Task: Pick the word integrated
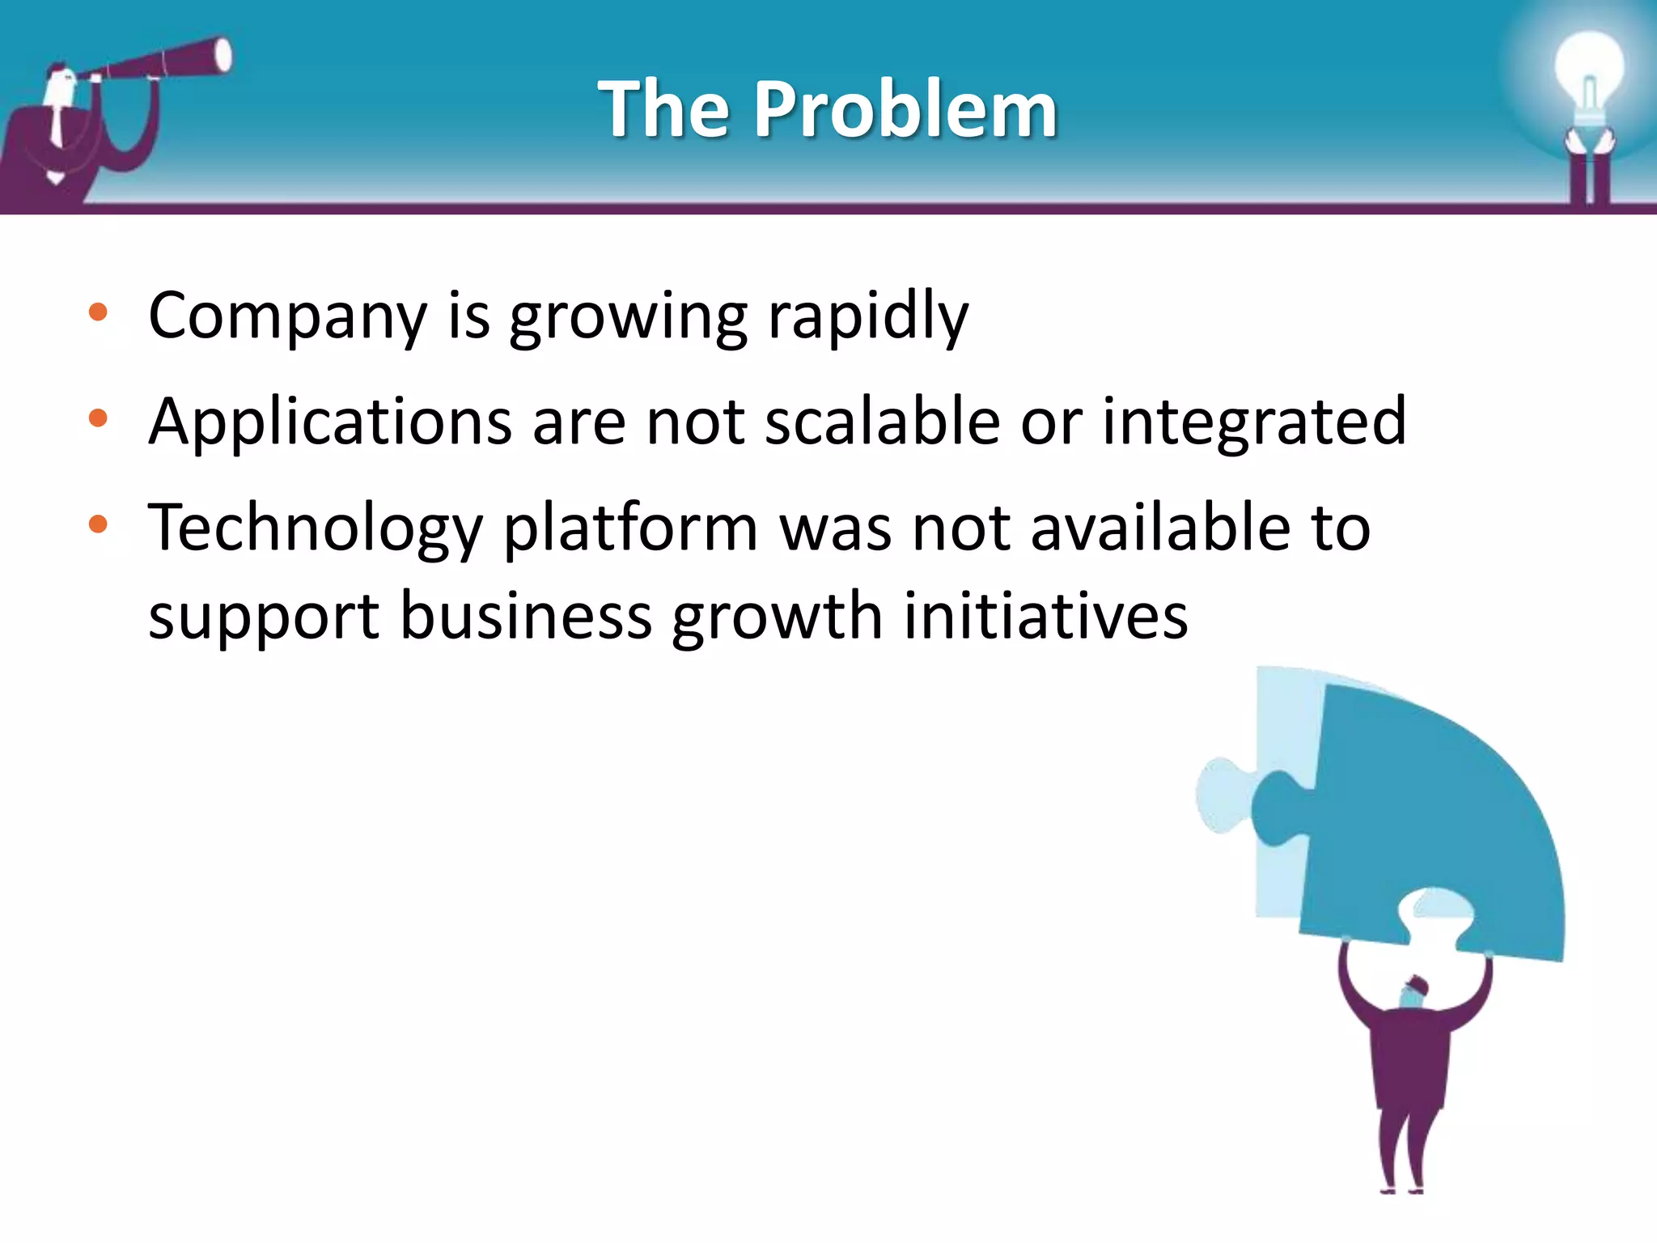pyautogui.click(x=1254, y=422)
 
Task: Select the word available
pyautogui.click(x=1160, y=528)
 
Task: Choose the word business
pyautogui.click(x=526, y=617)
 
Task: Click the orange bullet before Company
pyautogui.click(x=98, y=312)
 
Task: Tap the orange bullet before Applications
pyautogui.click(x=98, y=418)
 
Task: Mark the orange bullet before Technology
pyautogui.click(x=98, y=524)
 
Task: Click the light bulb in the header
pyautogui.click(x=1588, y=73)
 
